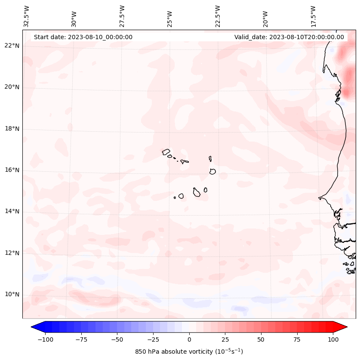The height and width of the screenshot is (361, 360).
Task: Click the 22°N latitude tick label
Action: pos(12,46)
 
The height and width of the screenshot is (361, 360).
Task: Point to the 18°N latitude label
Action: pos(12,129)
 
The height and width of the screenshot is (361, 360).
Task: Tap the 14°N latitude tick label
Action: pos(12,211)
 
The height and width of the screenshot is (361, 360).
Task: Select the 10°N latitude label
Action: pos(12,294)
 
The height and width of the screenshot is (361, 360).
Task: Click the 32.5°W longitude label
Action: pos(27,16)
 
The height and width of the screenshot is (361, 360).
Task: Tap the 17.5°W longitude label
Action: pos(313,16)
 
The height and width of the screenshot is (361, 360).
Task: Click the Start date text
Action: pos(83,37)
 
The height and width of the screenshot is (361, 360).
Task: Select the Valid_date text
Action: pos(289,37)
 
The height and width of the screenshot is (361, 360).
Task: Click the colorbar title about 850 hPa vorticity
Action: pos(189,352)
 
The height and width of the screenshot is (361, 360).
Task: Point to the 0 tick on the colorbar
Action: pos(189,339)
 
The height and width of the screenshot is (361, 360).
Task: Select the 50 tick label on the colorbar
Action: pos(261,339)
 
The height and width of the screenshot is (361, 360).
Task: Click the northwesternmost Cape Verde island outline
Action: pos(166,152)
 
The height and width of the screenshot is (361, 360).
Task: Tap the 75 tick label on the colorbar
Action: pos(297,339)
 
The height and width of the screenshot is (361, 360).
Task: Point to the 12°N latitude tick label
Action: pos(12,253)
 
